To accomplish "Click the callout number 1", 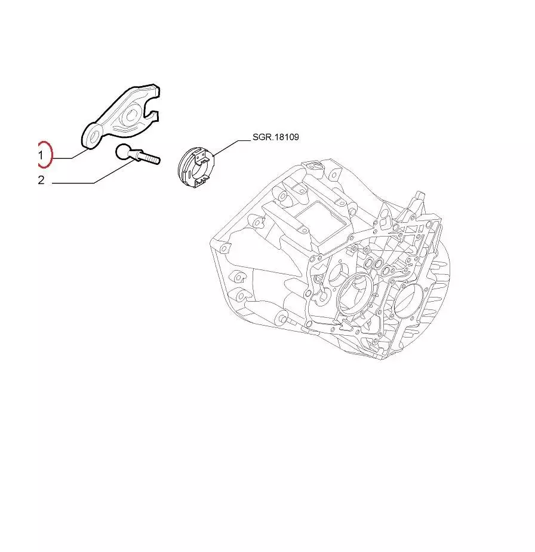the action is (x=41, y=155).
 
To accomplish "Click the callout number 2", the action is (x=41, y=180).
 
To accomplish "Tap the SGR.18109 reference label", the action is (x=276, y=137).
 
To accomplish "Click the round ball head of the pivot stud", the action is (x=124, y=152).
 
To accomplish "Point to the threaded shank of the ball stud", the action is (x=150, y=157).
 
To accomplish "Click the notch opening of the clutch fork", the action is (x=153, y=106).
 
